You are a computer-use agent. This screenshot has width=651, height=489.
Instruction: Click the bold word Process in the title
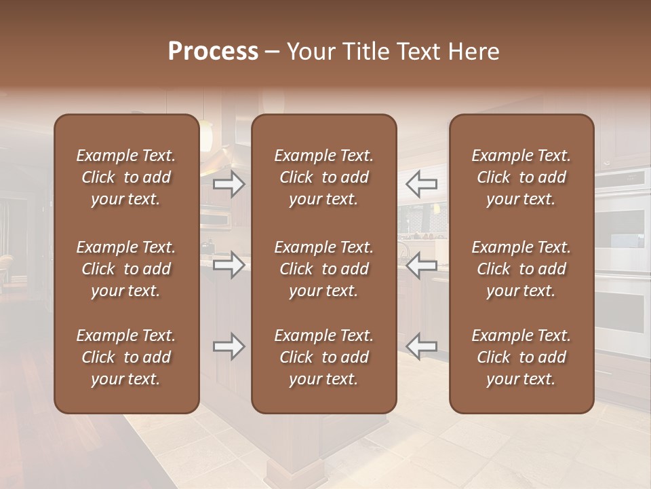pos(213,52)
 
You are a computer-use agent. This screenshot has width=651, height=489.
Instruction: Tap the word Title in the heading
pos(363,52)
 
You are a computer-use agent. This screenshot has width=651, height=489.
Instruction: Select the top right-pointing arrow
pos(229,184)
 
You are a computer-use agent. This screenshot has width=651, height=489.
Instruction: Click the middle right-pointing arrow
pos(229,265)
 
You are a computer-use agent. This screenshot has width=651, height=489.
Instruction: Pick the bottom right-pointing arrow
pos(229,346)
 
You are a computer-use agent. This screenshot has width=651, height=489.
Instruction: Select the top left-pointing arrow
pos(422,184)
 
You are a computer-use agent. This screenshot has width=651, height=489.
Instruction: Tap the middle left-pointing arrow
pos(422,265)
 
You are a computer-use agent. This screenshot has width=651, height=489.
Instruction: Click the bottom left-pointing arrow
pos(422,346)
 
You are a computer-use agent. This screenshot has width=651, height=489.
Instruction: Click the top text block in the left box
pos(126,177)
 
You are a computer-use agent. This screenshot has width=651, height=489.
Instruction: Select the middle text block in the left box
pos(126,269)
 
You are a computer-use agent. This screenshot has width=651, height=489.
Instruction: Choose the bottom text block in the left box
pos(126,357)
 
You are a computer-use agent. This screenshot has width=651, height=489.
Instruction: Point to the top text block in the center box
pos(323,177)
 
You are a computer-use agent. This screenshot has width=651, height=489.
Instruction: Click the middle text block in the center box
pos(323,269)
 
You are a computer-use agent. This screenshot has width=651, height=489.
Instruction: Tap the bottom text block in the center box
pos(323,357)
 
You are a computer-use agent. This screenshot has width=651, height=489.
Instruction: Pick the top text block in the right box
pos(521,177)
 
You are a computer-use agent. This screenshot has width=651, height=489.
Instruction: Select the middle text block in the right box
pos(521,269)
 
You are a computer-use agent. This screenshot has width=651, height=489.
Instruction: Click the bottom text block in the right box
pos(521,357)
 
